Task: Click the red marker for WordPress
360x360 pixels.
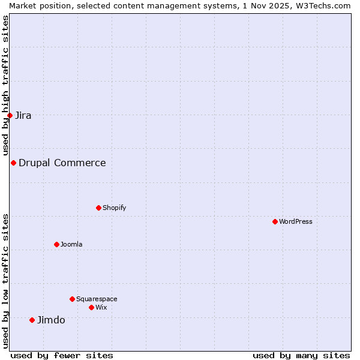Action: click(x=275, y=221)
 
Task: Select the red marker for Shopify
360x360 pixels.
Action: click(x=98, y=208)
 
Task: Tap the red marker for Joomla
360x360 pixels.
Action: click(x=56, y=244)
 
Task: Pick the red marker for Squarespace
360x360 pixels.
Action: click(x=72, y=299)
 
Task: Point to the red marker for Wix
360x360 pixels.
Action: click(x=91, y=307)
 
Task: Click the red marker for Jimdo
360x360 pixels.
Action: click(x=32, y=320)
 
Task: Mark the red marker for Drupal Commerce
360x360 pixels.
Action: click(x=13, y=163)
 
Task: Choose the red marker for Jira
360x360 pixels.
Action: click(x=10, y=115)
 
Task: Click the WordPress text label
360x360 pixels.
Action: click(x=296, y=221)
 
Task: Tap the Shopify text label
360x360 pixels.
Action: click(x=115, y=208)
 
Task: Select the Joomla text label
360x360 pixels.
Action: click(x=71, y=244)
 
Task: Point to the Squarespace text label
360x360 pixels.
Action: click(x=97, y=299)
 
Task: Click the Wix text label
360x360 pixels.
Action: click(x=101, y=307)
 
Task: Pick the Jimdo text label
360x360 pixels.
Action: click(x=51, y=320)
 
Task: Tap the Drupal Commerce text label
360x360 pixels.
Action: click(x=62, y=163)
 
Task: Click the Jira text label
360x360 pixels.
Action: click(x=23, y=115)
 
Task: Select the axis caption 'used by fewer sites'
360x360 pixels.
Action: click(x=62, y=355)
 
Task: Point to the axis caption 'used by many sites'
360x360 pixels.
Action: click(x=301, y=355)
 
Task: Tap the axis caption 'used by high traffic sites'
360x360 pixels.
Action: click(x=5, y=85)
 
